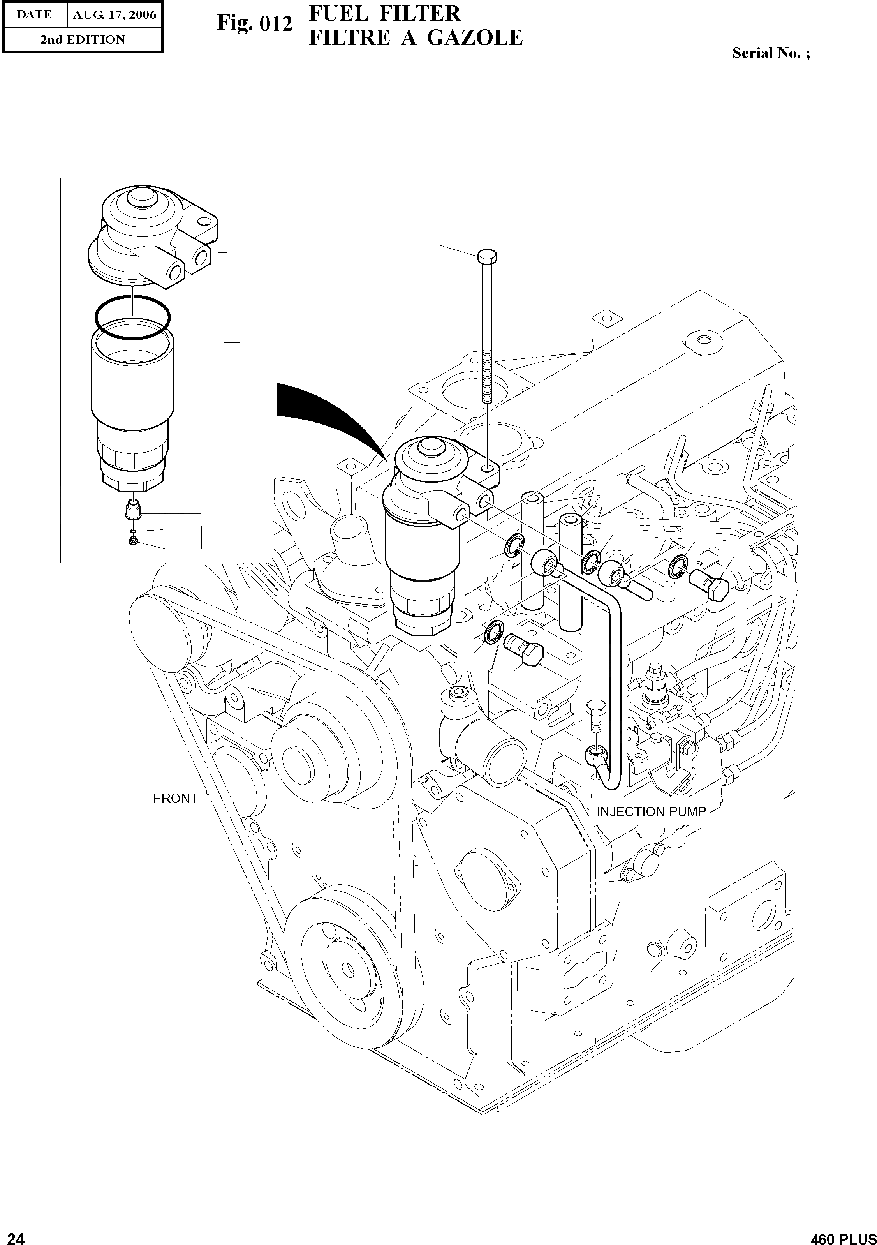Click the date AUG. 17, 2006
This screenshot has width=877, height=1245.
point(114,15)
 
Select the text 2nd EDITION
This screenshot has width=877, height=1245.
point(83,40)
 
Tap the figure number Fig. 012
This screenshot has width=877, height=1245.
point(255,24)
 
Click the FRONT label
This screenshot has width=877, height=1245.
point(175,798)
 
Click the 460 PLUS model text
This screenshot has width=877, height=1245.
point(843,1236)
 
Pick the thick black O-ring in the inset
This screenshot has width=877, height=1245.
point(132,317)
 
